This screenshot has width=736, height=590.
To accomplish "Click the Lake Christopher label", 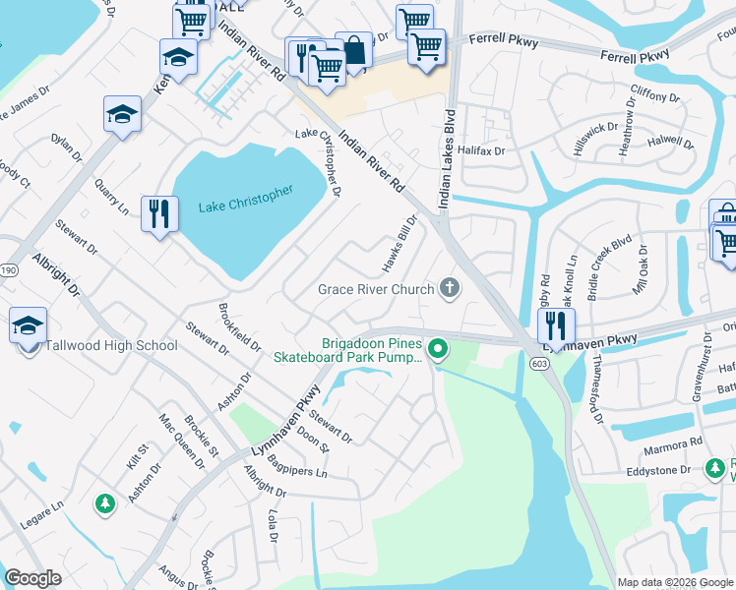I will (x=245, y=199).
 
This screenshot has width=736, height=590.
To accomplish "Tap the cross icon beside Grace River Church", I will (x=450, y=288).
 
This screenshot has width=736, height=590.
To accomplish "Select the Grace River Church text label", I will (x=376, y=289).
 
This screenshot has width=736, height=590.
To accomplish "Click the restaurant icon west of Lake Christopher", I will (x=159, y=213).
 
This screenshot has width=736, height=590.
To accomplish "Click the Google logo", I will (x=33, y=577).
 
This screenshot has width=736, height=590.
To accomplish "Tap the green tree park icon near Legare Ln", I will (x=104, y=503).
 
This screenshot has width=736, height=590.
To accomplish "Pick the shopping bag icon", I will (x=353, y=50).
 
